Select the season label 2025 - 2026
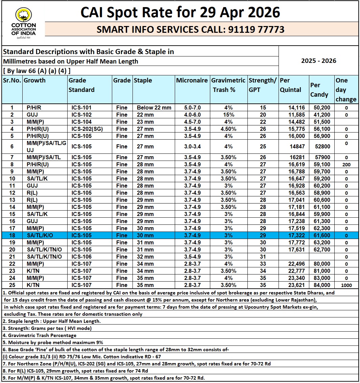tap(318, 61)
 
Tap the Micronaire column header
tap(192, 80)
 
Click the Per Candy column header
tap(319, 90)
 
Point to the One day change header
tap(346, 90)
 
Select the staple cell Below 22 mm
tap(154, 108)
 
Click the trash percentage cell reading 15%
tap(229, 115)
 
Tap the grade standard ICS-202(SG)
tap(86, 129)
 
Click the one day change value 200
tap(346, 165)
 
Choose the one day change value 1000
tap(346, 285)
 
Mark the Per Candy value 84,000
tap(320, 285)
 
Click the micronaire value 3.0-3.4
tap(192, 147)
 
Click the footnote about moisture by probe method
tap(53, 342)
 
